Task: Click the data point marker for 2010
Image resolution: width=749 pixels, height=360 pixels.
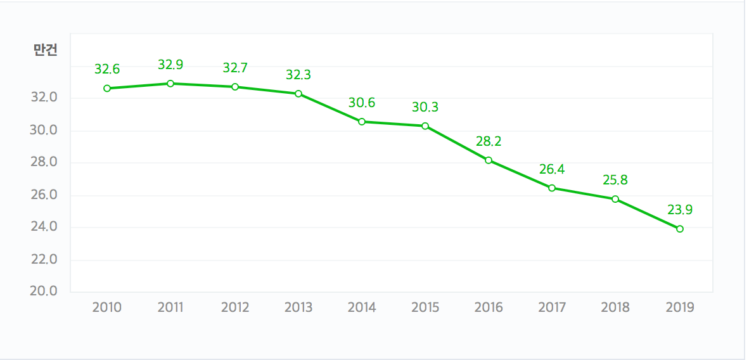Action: click(107, 88)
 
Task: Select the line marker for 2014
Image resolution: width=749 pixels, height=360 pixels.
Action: click(362, 121)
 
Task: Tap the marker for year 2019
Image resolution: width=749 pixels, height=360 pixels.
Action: click(680, 229)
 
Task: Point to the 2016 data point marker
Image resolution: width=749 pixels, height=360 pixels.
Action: click(489, 160)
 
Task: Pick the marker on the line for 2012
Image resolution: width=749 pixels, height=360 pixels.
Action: click(235, 87)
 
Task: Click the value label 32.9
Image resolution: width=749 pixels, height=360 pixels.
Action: click(170, 65)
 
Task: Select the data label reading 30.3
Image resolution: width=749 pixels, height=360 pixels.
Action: click(425, 107)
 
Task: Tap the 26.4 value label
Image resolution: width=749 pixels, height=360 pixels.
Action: click(552, 169)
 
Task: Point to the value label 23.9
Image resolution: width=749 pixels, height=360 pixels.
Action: click(680, 210)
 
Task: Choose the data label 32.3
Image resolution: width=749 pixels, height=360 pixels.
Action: click(298, 75)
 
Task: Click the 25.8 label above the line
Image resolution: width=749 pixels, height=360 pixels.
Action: click(615, 180)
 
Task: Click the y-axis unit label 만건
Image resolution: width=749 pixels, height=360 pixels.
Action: click(46, 51)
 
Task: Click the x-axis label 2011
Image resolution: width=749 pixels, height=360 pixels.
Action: click(170, 307)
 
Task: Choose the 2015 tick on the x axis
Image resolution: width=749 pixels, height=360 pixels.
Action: click(425, 307)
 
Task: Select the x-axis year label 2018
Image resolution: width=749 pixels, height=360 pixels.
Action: click(615, 307)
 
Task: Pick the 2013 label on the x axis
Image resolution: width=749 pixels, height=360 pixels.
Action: click(298, 307)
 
